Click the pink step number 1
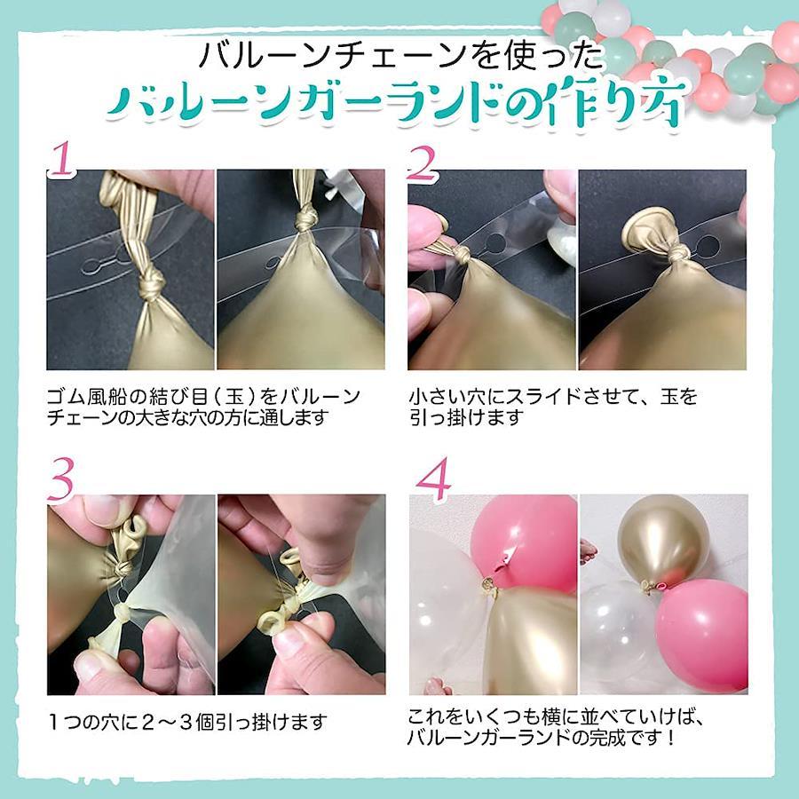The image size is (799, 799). coord(63,159)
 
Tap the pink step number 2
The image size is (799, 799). coord(423,163)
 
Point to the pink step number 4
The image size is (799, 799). coord(433,479)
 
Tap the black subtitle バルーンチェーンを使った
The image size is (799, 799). coord(400,55)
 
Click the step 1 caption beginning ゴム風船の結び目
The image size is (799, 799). coord(204,407)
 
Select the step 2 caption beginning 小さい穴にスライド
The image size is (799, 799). coord(553,407)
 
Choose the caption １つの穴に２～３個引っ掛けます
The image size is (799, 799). coord(187,722)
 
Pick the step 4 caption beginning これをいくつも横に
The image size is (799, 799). coord(557,728)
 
